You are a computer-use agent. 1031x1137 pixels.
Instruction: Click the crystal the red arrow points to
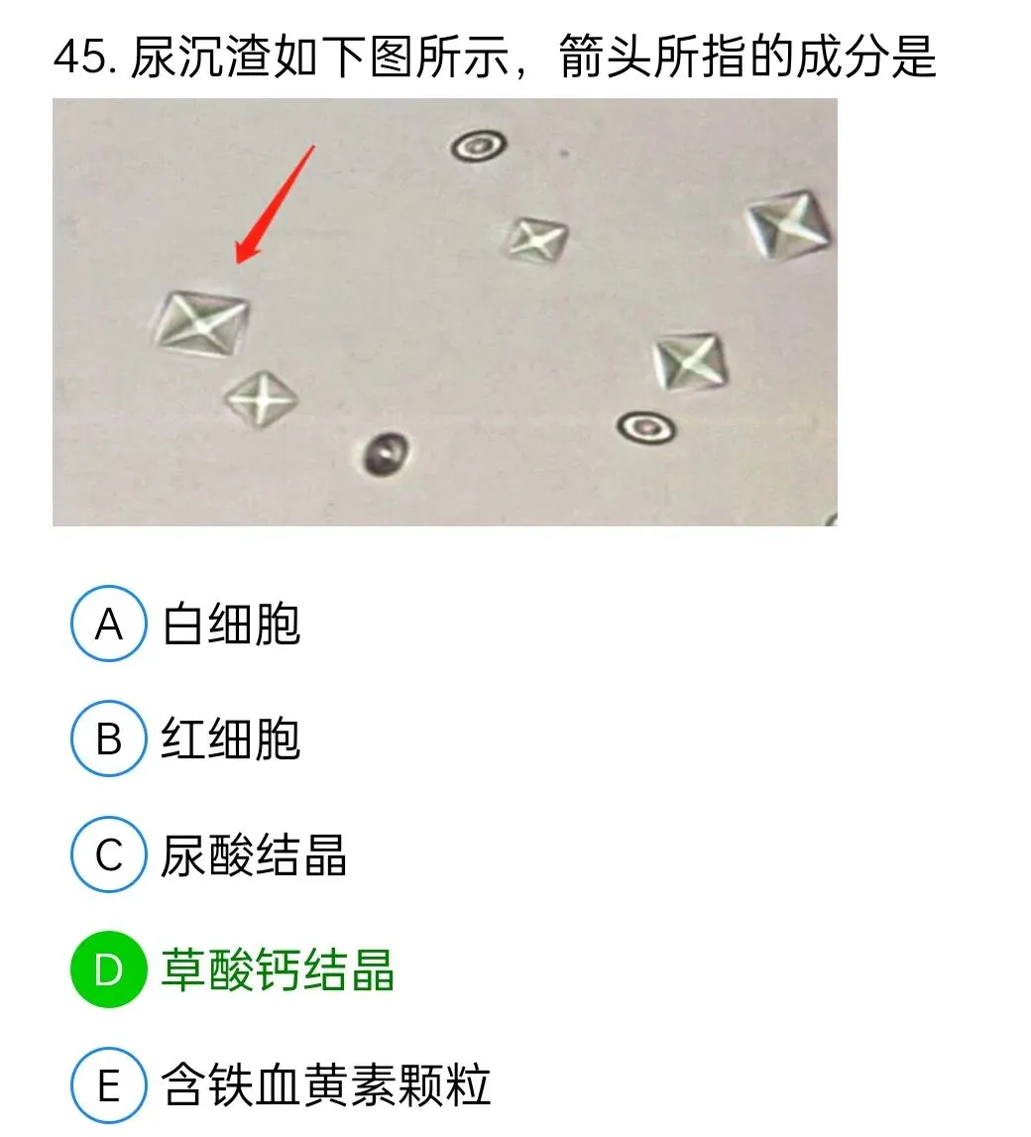click(201, 323)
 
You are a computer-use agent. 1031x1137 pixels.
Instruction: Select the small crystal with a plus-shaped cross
click(261, 399)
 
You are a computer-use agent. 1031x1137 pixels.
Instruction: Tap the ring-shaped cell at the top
click(479, 148)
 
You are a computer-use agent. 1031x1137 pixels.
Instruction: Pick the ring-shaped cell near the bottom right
click(646, 427)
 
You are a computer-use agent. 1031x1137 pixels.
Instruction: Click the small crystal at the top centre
click(537, 239)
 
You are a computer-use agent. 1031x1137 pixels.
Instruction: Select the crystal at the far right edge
click(789, 226)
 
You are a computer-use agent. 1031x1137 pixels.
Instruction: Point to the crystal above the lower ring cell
click(690, 361)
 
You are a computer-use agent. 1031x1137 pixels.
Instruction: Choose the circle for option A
click(109, 625)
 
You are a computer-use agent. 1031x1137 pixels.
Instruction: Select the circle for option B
click(109, 739)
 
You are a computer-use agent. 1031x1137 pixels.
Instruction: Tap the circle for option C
click(109, 854)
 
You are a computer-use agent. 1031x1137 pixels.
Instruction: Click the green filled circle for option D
click(109, 970)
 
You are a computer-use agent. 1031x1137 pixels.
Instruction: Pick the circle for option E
click(109, 1085)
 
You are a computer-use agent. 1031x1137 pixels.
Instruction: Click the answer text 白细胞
click(231, 625)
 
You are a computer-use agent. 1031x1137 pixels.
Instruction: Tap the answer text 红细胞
click(231, 739)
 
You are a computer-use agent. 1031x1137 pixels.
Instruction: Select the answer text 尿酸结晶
click(254, 854)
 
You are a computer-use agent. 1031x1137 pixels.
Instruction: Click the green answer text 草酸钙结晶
click(278, 970)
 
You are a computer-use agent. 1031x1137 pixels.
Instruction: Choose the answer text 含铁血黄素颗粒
click(326, 1085)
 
